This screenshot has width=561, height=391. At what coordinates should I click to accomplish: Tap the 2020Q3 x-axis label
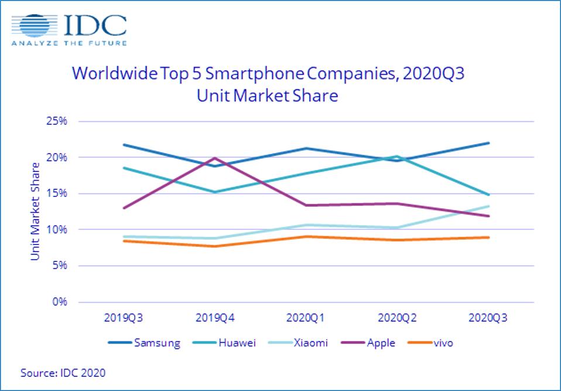[x=488, y=318]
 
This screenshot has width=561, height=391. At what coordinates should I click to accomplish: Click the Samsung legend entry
[x=144, y=343]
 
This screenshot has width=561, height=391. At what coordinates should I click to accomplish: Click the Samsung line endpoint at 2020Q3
[x=488, y=143]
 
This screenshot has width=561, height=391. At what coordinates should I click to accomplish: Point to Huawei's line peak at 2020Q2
[x=396, y=157]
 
